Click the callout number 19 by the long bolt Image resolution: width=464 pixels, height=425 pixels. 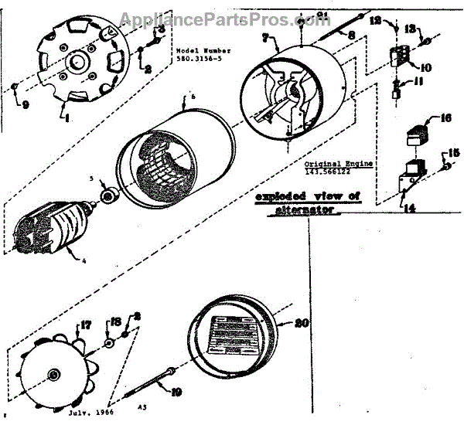click(x=178, y=392)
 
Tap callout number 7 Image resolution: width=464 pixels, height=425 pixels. click(x=265, y=38)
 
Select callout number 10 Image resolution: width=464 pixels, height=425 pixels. click(x=426, y=67)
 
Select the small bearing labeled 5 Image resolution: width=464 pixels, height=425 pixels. click(x=108, y=197)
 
